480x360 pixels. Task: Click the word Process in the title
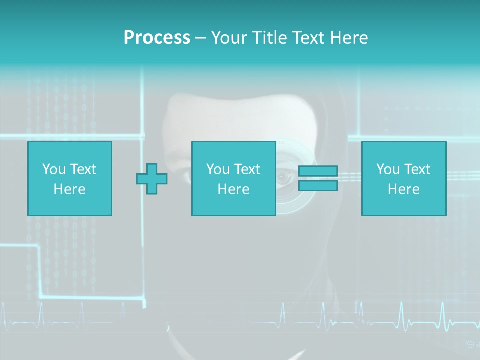pyautogui.click(x=157, y=38)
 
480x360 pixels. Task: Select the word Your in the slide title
pyautogui.click(x=229, y=38)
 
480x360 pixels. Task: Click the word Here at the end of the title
pyautogui.click(x=348, y=38)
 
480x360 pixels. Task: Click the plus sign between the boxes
pyautogui.click(x=152, y=179)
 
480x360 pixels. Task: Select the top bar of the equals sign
pyautogui.click(x=318, y=171)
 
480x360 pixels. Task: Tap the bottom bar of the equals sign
pyautogui.click(x=318, y=185)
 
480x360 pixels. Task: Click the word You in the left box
pyautogui.click(x=54, y=169)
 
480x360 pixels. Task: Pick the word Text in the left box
pyautogui.click(x=83, y=169)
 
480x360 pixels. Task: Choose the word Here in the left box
pyautogui.click(x=69, y=189)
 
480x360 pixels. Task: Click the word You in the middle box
pyautogui.click(x=218, y=169)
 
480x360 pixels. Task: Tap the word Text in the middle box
pyautogui.click(x=247, y=169)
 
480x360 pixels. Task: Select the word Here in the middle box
pyautogui.click(x=233, y=189)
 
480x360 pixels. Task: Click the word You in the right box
pyautogui.click(x=388, y=169)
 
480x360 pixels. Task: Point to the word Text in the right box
pyautogui.click(x=417, y=169)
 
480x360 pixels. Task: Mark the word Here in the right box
pyautogui.click(x=403, y=189)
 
